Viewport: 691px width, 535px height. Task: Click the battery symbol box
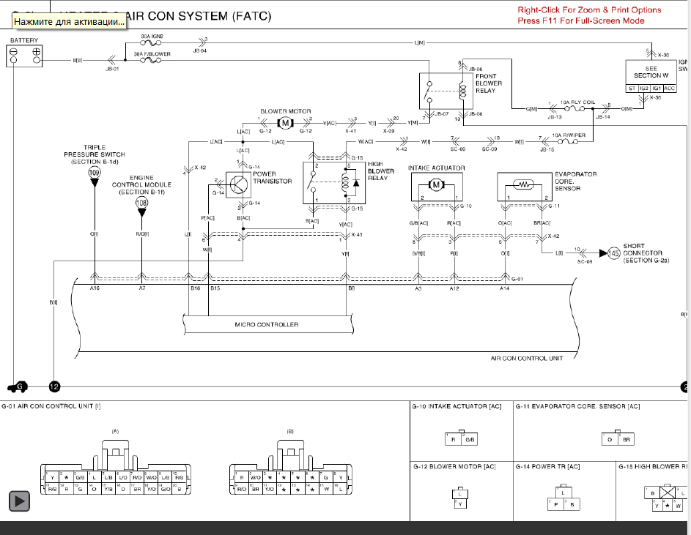[25, 55]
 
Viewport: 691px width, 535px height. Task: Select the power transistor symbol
[238, 184]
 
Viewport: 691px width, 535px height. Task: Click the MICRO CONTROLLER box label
[267, 324]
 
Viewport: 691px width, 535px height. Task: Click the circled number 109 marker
[95, 172]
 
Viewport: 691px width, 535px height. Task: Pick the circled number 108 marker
[141, 202]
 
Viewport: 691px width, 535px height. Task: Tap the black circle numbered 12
[53, 386]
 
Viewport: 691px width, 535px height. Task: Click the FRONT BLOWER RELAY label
[489, 83]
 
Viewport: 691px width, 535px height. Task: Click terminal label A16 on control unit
[95, 289]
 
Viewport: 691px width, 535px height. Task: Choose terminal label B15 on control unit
[215, 289]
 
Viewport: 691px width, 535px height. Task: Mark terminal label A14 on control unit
[505, 289]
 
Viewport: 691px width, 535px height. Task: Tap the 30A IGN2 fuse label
[152, 36]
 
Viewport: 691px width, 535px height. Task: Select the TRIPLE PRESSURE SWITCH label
[95, 154]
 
